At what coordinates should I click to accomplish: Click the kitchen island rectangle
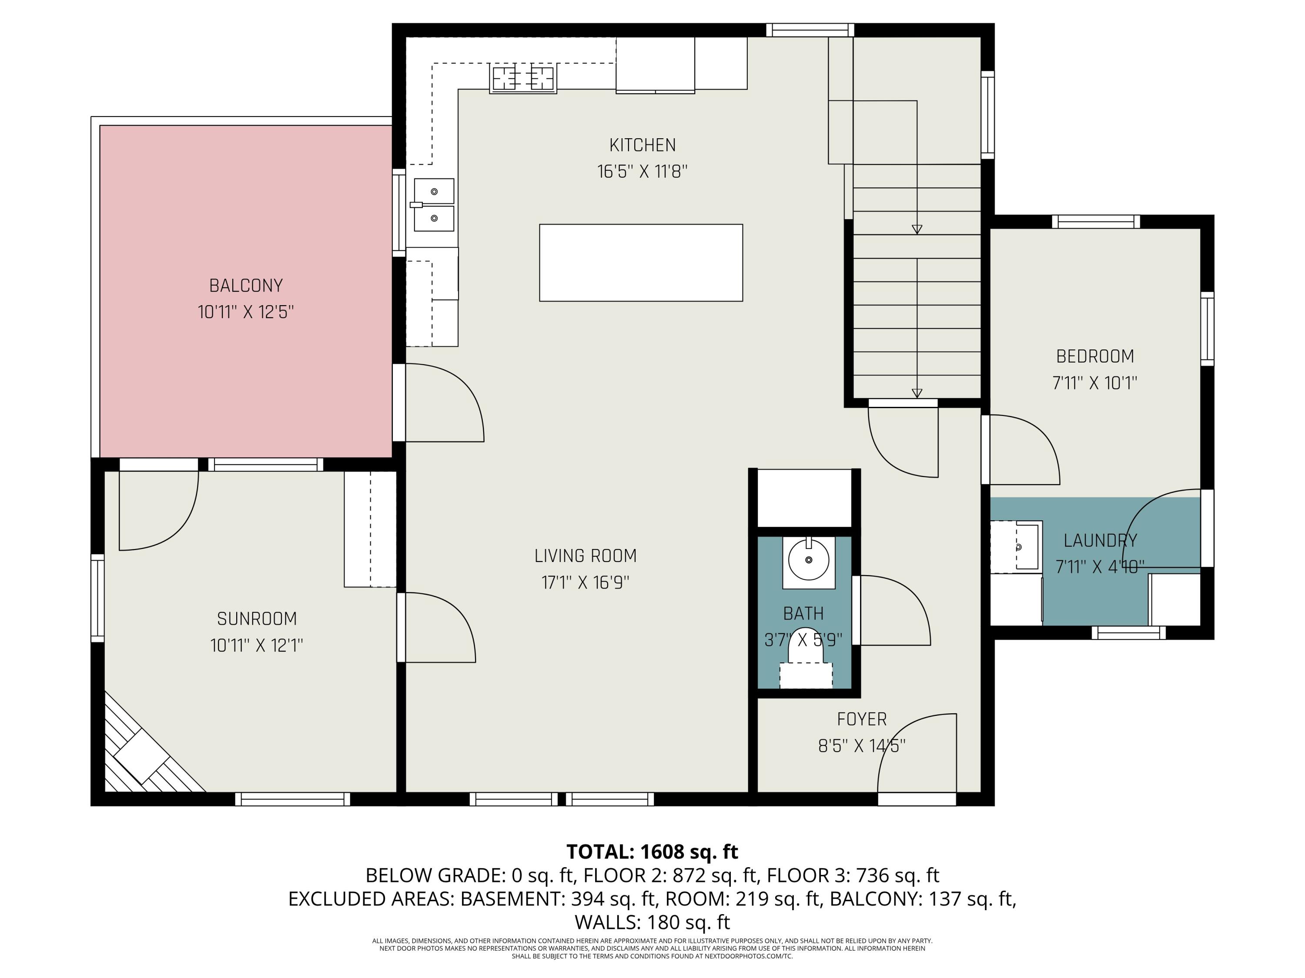[x=641, y=263]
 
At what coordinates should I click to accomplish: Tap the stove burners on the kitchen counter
[x=523, y=78]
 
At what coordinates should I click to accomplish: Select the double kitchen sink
[x=434, y=205]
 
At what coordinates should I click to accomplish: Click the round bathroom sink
[x=808, y=560]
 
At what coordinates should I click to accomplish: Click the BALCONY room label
[x=246, y=286]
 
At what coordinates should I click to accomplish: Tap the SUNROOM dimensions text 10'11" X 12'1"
[x=257, y=645]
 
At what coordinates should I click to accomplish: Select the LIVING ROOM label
[x=585, y=556]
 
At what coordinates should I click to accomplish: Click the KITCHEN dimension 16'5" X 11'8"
[x=642, y=172]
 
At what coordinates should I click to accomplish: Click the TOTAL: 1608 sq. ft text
[x=652, y=852]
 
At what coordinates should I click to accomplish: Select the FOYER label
[x=861, y=719]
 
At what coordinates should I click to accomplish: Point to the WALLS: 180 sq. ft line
[x=652, y=922]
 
